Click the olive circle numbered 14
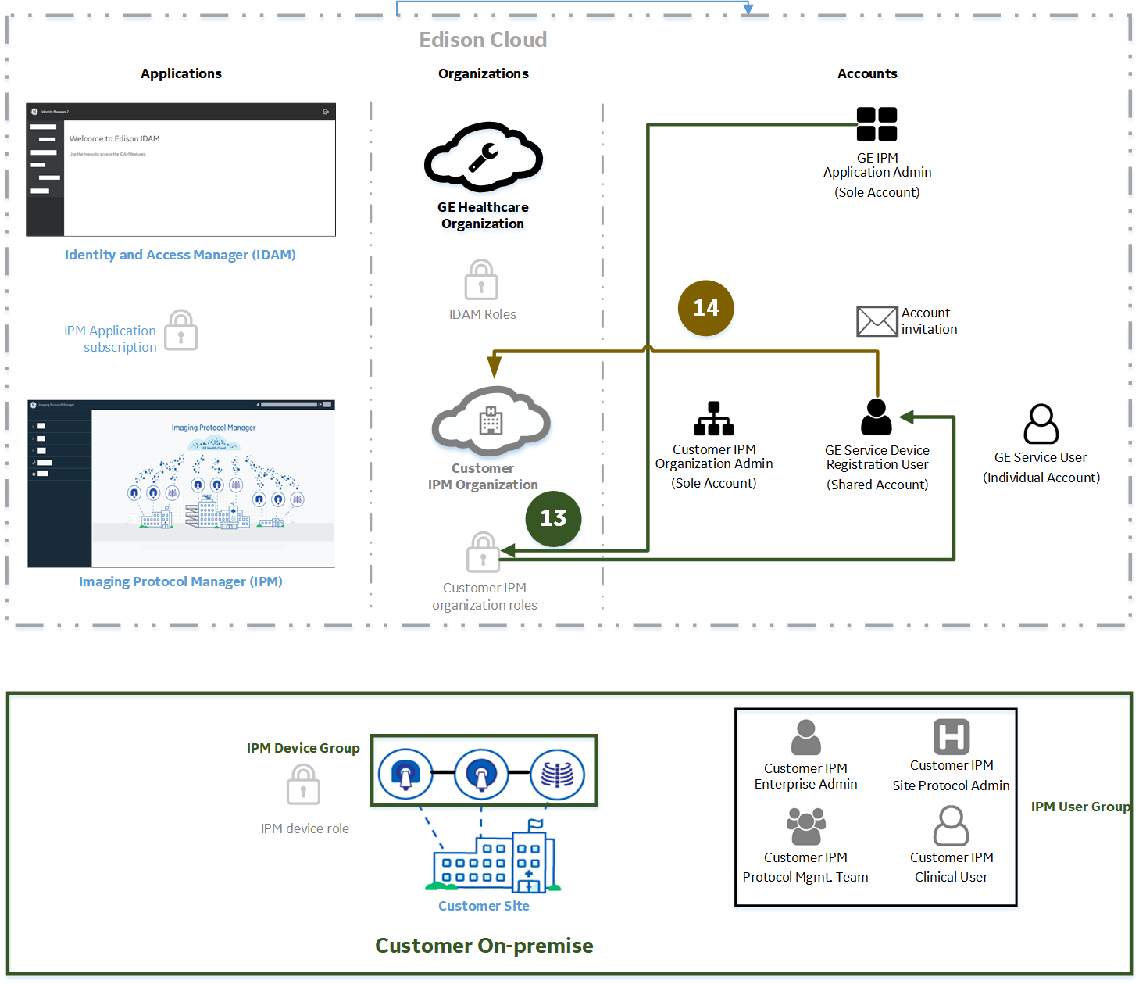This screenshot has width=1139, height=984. click(x=705, y=308)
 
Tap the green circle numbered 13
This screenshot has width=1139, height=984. click(x=553, y=518)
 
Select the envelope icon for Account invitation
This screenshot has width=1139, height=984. click(x=877, y=321)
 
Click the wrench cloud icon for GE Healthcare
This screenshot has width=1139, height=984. click(x=483, y=157)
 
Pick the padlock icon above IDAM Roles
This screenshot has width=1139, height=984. click(x=481, y=280)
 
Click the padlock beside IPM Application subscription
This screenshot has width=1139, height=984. click(x=181, y=331)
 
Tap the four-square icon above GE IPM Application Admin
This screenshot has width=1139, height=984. click(x=877, y=124)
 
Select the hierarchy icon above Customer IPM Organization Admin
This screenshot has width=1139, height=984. click(x=714, y=419)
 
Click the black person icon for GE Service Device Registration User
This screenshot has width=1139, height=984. click(x=877, y=417)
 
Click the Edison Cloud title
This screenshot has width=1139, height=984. click(x=483, y=40)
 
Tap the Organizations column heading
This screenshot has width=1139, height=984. click(x=483, y=73)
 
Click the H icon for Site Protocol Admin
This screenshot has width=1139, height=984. click(x=952, y=736)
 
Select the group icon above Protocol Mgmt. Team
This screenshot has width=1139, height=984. click(x=805, y=826)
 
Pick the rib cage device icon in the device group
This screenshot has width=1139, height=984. click(x=557, y=775)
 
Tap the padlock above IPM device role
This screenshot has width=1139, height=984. click(x=303, y=785)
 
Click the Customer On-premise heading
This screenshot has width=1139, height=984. click(x=484, y=946)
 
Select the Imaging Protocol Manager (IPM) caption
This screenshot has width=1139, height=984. click(x=180, y=581)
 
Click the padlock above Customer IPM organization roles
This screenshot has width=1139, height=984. click(x=483, y=553)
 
